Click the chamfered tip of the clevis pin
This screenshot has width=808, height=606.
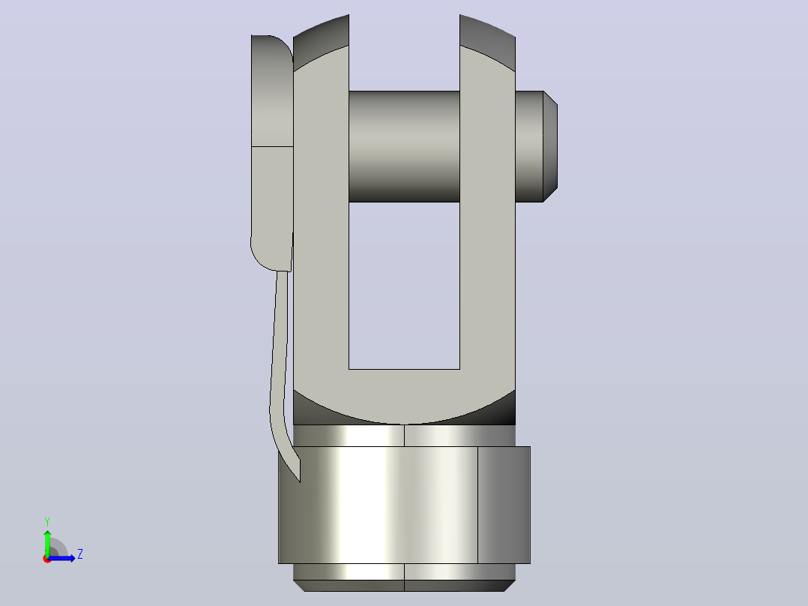550,146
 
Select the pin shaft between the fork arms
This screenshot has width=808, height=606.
404,146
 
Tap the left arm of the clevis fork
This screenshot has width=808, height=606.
321,217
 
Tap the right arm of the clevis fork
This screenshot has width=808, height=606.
487,217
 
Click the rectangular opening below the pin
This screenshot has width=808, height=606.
404,286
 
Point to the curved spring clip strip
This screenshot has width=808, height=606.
281,371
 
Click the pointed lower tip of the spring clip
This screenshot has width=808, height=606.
299,481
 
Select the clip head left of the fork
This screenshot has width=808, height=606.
272,153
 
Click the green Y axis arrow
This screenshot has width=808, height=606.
47,542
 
